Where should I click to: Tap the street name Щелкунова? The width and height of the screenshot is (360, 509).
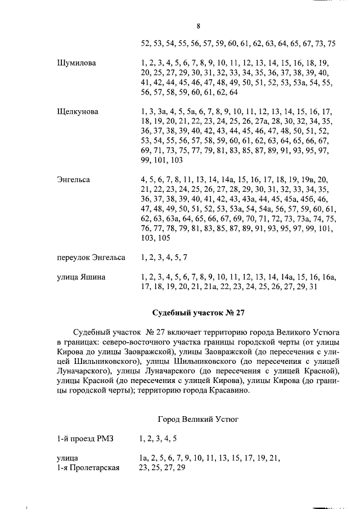click(78, 112)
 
